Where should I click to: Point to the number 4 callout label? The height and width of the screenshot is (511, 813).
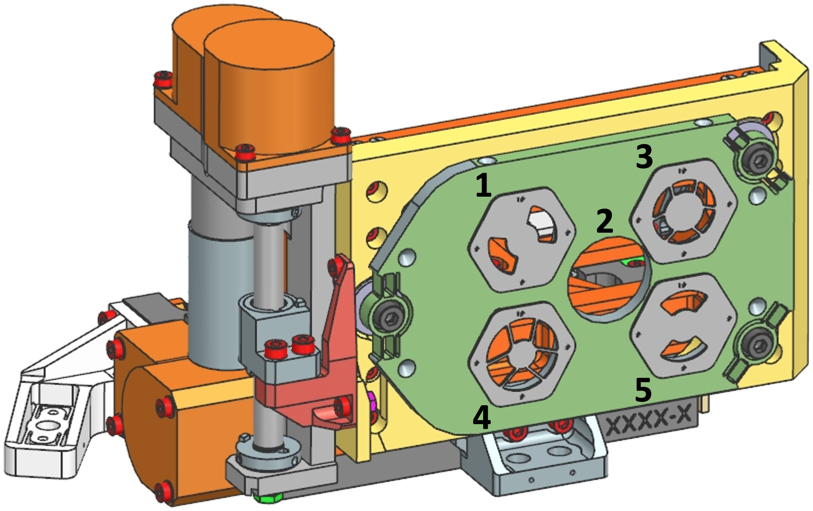[481, 417]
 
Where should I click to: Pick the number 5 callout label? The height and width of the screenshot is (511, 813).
[643, 390]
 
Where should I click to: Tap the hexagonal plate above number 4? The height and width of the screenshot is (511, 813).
[522, 354]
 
